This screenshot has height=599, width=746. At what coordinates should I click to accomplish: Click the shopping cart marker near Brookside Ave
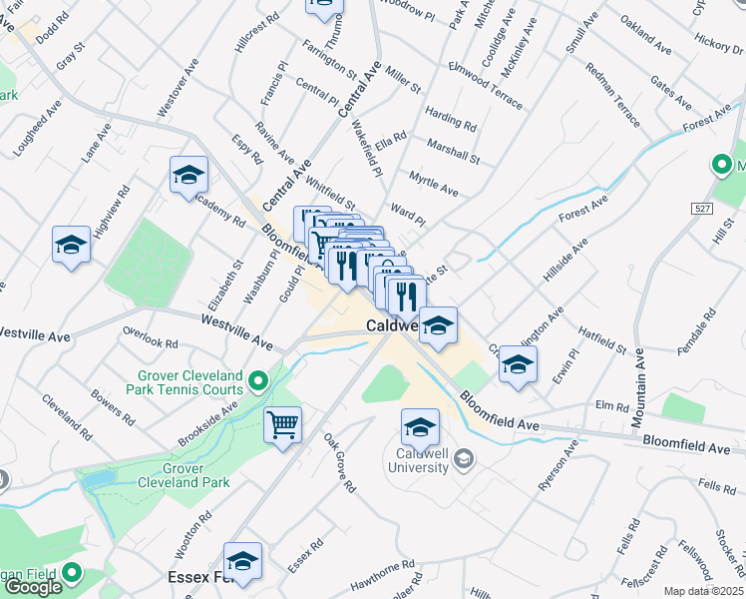click(x=283, y=424)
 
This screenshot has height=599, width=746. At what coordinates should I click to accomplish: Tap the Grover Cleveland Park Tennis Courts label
click(x=189, y=382)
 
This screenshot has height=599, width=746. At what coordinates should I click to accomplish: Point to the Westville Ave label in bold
click(x=236, y=331)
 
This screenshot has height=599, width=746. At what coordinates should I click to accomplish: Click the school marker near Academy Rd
click(x=188, y=175)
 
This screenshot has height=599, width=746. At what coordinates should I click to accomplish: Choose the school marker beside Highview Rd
click(x=72, y=245)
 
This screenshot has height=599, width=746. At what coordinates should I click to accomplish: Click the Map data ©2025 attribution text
click(x=704, y=591)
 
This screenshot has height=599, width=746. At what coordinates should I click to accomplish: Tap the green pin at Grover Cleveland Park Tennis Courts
click(x=258, y=379)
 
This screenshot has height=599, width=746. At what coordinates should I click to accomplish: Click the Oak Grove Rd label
click(x=339, y=462)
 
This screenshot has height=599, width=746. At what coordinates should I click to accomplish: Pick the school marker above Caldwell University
click(x=420, y=426)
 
